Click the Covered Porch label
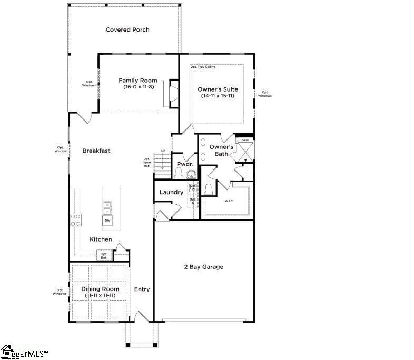pyautogui.click(x=127, y=29)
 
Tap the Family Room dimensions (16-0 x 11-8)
pyautogui.click(x=138, y=87)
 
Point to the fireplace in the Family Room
pyautogui.click(x=171, y=93)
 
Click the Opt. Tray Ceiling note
pyautogui.click(x=203, y=67)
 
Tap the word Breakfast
pyautogui.click(x=96, y=151)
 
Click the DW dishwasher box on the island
pyautogui.click(x=107, y=219)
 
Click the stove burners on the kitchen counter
pyautogui.click(x=75, y=219)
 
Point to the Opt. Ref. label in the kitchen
pyautogui.click(x=104, y=256)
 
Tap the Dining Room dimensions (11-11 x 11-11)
pyautogui.click(x=100, y=295)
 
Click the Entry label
pyautogui.click(x=142, y=289)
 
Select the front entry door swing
pyautogui.click(x=142, y=316)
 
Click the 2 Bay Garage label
pyautogui.click(x=203, y=267)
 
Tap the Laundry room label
pyautogui.click(x=171, y=192)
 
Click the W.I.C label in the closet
pyautogui.click(x=229, y=201)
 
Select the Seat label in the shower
pyautogui.click(x=245, y=139)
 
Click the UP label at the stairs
pyautogui.click(x=163, y=152)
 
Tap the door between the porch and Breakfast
pyautogui.click(x=84, y=117)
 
